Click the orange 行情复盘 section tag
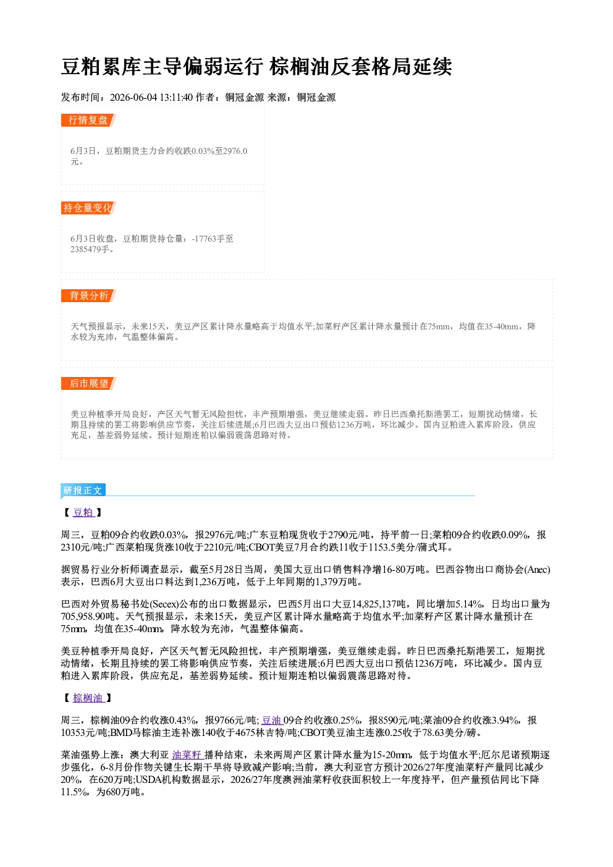[88, 120]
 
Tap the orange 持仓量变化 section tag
[88, 208]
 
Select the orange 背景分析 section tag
[88, 296]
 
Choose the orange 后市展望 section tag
[88, 384]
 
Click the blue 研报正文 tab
[83, 491]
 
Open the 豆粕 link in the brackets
[83, 512]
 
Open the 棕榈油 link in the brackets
[89, 698]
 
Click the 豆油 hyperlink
[273, 721]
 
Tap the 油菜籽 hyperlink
[188, 755]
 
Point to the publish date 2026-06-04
[133, 98]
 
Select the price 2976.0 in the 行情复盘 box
[235, 151]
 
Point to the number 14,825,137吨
[378, 604]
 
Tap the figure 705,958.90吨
[88, 616]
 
